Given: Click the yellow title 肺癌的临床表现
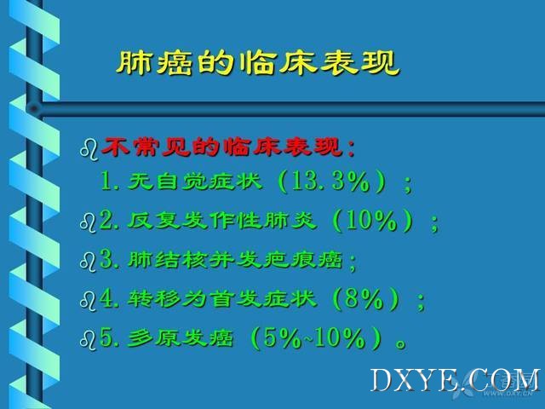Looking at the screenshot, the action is point(258,63).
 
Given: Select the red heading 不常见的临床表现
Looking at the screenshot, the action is point(221,147).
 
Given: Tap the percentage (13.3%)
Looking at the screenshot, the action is point(333,181).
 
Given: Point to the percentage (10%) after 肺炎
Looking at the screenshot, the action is point(373,221).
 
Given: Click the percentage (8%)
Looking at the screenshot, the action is point(366,298).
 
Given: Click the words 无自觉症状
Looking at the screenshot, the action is point(195,181).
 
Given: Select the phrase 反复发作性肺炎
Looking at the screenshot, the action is point(222,221).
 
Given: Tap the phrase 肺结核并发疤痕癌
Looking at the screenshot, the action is point(236,260).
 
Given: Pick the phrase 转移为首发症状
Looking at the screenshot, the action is point(222,299).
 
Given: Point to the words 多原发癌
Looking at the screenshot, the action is point(181,338).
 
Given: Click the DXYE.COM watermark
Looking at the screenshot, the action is point(455,381).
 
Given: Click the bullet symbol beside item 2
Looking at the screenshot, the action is point(88,222).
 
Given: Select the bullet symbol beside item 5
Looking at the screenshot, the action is point(88,340).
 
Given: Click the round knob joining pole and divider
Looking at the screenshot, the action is point(34,109).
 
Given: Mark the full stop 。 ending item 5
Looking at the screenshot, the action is point(401,344).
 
